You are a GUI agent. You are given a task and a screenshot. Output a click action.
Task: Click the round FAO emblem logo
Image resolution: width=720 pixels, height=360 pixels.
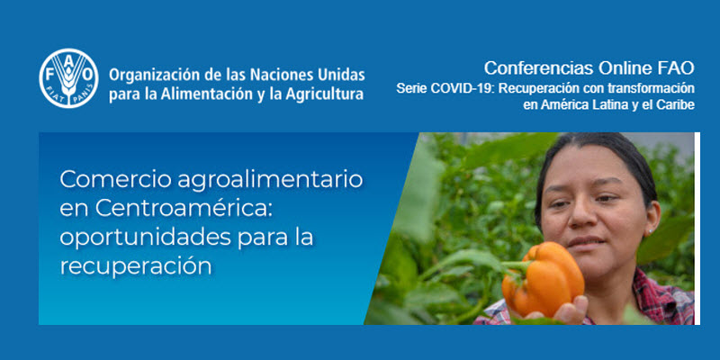click(x=68, y=78)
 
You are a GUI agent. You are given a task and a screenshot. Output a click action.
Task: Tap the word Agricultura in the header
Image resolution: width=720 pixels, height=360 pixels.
click(x=324, y=94)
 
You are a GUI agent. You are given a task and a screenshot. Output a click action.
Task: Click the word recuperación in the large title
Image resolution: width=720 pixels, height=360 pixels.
click(x=136, y=267)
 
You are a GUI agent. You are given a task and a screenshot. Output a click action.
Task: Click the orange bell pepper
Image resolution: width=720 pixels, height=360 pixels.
click(x=543, y=279)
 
